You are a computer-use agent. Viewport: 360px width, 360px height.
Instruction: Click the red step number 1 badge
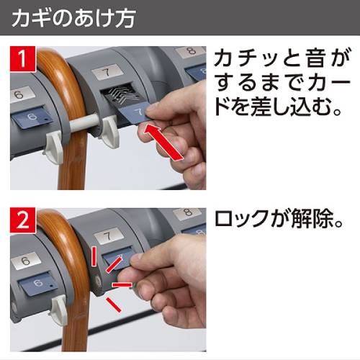(x=23, y=59)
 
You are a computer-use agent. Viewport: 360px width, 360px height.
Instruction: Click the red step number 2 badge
(x=23, y=220)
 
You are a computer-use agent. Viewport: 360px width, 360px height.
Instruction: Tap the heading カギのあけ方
(x=73, y=18)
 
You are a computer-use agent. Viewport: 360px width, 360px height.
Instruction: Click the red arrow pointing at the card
(x=163, y=141)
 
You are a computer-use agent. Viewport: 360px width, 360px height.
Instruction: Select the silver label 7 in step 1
(x=107, y=71)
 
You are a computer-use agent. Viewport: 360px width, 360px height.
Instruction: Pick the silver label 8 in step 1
(x=191, y=52)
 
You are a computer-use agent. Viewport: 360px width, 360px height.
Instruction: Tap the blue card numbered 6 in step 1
(x=32, y=119)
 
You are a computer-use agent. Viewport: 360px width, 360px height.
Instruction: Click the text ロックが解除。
(x=279, y=218)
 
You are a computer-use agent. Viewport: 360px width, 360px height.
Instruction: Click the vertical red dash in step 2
(x=94, y=256)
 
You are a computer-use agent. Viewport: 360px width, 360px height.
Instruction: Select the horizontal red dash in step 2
(x=122, y=285)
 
